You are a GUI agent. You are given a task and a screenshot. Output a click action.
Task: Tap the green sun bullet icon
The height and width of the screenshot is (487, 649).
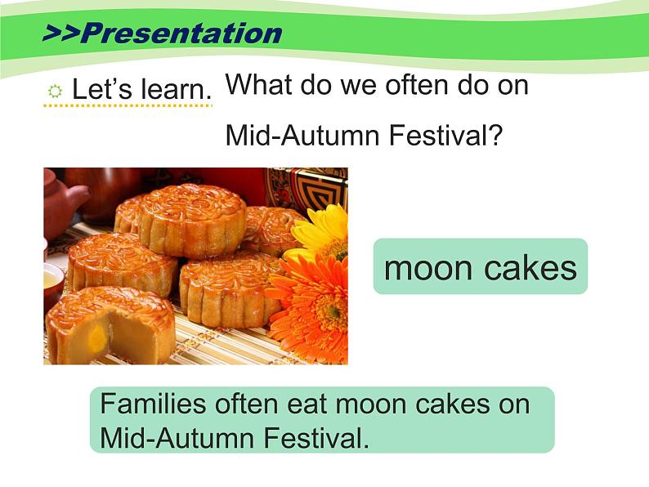[x=55, y=91]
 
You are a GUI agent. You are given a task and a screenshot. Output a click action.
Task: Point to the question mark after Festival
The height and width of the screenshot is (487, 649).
[x=495, y=135]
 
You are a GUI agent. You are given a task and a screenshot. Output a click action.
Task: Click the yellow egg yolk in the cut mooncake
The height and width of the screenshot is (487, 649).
[x=98, y=336]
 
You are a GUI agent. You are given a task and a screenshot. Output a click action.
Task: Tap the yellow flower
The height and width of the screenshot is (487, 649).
[x=323, y=232]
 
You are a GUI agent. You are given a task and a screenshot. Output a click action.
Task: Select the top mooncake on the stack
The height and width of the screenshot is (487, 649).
[x=191, y=219]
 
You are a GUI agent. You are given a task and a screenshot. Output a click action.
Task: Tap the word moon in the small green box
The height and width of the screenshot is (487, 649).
[x=428, y=268]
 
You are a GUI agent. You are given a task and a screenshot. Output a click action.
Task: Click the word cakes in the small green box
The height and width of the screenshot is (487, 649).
[x=530, y=267]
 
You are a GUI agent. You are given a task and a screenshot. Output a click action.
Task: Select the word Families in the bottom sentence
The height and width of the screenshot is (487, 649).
[x=153, y=404]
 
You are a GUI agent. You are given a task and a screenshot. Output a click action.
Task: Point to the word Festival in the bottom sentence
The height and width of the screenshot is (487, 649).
[x=316, y=438]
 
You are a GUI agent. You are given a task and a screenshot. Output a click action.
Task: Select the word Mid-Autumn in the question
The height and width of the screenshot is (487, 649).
[x=303, y=135]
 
